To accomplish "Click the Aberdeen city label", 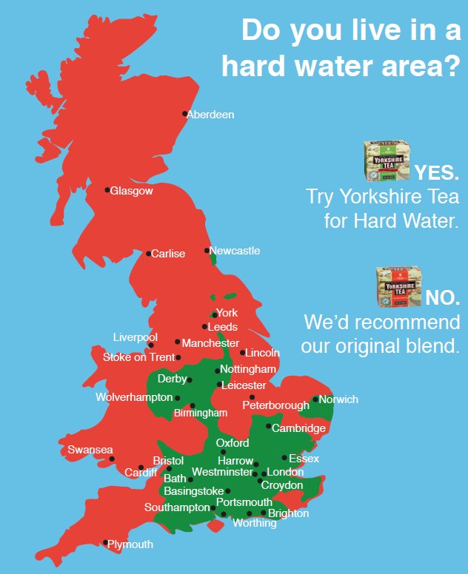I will pyautogui.click(x=211, y=115).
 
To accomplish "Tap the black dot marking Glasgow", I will pyautogui.click(x=107, y=190).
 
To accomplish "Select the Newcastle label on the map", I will pyautogui.click(x=235, y=251).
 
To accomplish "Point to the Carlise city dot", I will pyautogui.click(x=148, y=254).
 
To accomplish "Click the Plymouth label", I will pyautogui.click(x=130, y=544).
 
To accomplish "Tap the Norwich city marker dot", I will pyautogui.click(x=315, y=399).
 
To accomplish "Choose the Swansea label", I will pyautogui.click(x=90, y=450).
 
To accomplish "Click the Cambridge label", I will pyautogui.click(x=299, y=428).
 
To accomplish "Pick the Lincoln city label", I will pyautogui.click(x=262, y=353).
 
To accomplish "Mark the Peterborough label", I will pyautogui.click(x=275, y=405).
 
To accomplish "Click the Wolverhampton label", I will pyautogui.click(x=134, y=397).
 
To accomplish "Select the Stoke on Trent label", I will pyautogui.click(x=138, y=357).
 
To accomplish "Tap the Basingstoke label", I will pyautogui.click(x=194, y=491).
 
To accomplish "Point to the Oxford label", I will pyautogui.click(x=233, y=443).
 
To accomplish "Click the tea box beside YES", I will pyautogui.click(x=386, y=161).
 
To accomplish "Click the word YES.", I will pyautogui.click(x=437, y=173).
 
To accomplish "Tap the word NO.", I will pyautogui.click(x=442, y=297).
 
